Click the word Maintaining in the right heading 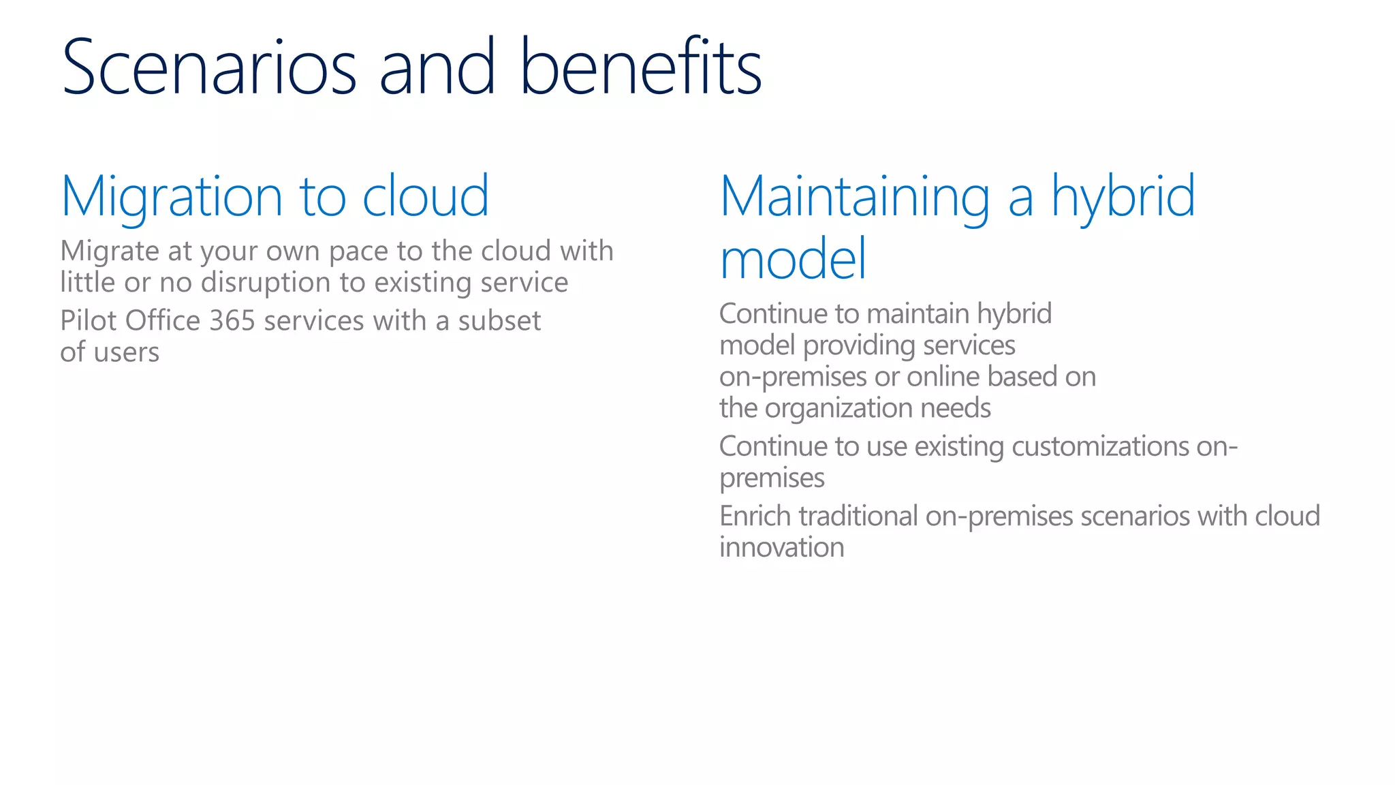tap(855, 198)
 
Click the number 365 tap(232, 321)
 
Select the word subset tap(499, 321)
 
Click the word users tap(126, 353)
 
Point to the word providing tap(858, 346)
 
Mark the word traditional tap(858, 517)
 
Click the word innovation tap(781, 548)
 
